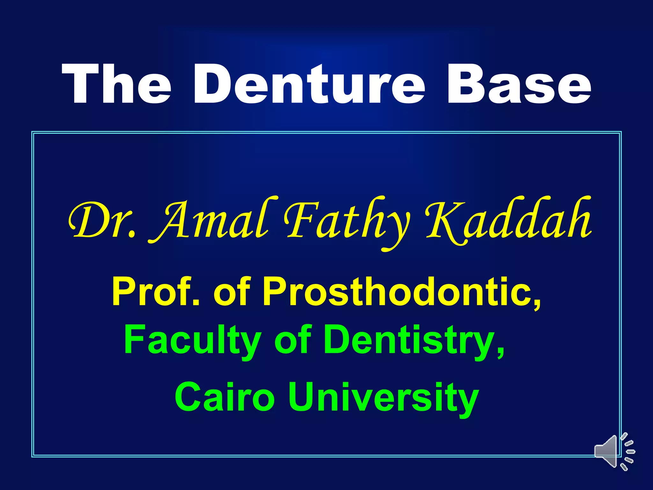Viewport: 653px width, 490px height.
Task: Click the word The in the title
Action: (x=117, y=84)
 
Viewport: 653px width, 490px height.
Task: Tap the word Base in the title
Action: (x=519, y=84)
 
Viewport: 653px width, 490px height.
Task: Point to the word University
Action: (x=383, y=397)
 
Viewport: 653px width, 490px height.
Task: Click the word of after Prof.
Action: (x=232, y=291)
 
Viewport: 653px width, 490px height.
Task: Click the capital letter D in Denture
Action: (x=213, y=84)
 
